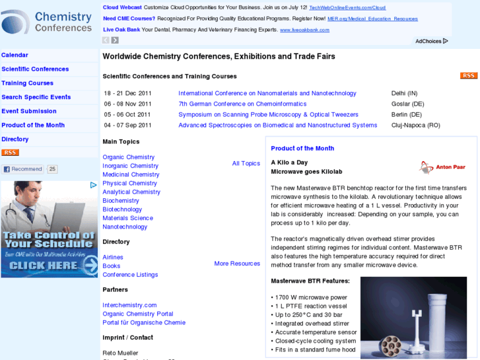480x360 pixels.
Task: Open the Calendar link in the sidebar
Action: coord(15,55)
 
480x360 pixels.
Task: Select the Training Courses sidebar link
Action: coord(27,83)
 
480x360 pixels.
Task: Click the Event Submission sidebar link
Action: coord(29,111)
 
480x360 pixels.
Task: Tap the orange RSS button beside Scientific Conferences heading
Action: coord(468,76)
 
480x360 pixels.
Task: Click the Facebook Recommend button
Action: coord(22,169)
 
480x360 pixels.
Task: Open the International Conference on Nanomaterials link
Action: coord(267,93)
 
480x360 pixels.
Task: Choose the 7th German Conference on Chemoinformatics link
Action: coord(242,104)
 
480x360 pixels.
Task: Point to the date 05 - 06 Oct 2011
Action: coord(127,114)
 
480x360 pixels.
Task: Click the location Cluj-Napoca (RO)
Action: coord(415,125)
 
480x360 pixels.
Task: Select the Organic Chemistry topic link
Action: coord(128,157)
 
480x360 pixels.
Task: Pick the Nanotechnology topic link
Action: coord(125,227)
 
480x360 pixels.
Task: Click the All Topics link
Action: coord(246,163)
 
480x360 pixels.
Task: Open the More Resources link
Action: coord(237,264)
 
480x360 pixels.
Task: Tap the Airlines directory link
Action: coord(113,257)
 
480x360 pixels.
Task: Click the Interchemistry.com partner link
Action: coord(129,305)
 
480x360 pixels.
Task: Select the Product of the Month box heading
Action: coord(302,149)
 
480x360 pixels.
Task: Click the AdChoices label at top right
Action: coord(431,41)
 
